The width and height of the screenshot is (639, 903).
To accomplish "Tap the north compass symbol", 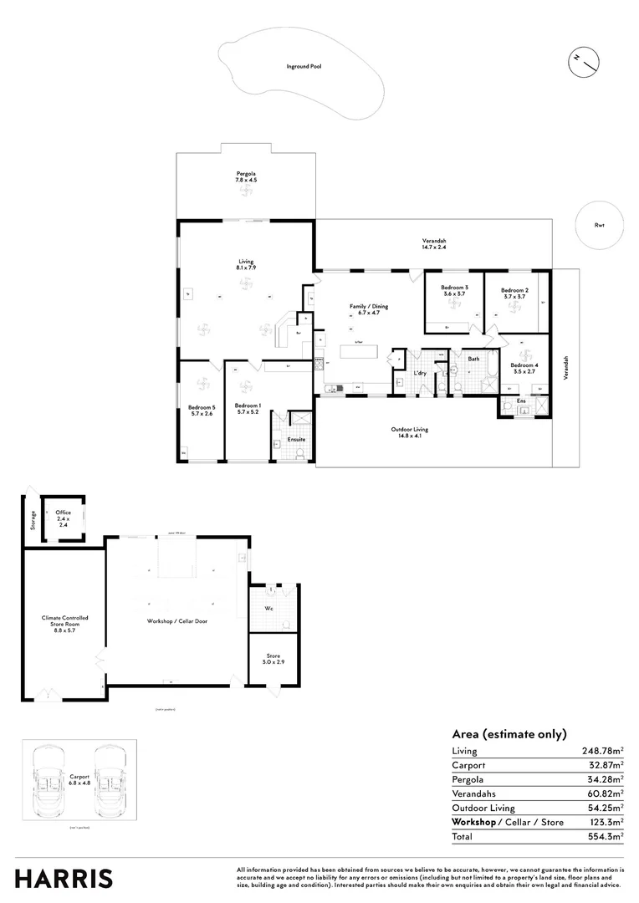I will pyautogui.click(x=585, y=60).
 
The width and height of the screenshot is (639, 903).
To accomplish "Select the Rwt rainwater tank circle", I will pyautogui.click(x=599, y=225).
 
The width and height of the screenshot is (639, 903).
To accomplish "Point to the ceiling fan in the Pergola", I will pyautogui.click(x=246, y=192).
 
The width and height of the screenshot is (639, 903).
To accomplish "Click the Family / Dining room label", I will pyautogui.click(x=369, y=310).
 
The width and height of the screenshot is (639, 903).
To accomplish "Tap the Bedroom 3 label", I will pyautogui.click(x=454, y=291).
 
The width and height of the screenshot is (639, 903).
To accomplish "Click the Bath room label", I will pyautogui.click(x=473, y=359).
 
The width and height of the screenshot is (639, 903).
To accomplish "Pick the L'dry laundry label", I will pyautogui.click(x=420, y=373).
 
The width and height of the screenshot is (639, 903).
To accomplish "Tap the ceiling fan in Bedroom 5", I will pyautogui.click(x=202, y=385).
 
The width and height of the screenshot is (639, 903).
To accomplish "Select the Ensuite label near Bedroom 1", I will pyautogui.click(x=296, y=439).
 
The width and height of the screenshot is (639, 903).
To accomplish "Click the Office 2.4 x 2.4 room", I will pyautogui.click(x=63, y=516).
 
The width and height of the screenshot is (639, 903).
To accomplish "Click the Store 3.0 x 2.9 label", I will pyautogui.click(x=273, y=659).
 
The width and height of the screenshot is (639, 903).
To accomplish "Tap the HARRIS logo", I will pyautogui.click(x=64, y=879).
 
